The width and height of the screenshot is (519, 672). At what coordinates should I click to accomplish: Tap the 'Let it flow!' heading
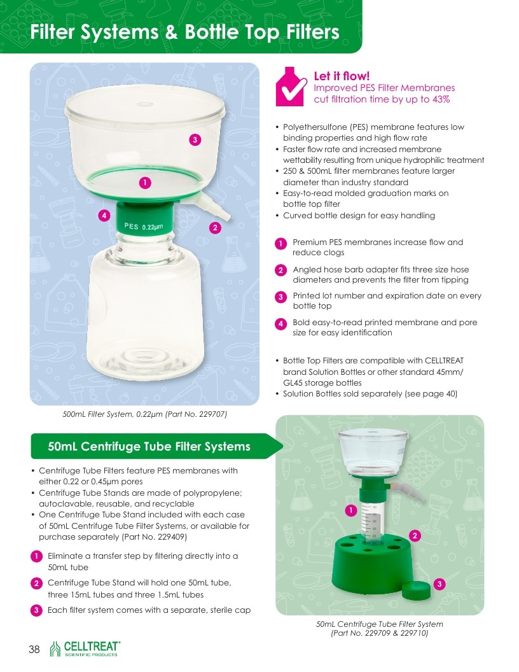(x=342, y=76)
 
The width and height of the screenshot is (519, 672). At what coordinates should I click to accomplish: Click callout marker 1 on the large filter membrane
(x=145, y=183)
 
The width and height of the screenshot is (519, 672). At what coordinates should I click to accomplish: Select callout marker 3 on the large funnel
(x=195, y=139)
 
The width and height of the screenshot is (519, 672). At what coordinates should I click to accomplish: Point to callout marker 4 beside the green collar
(x=104, y=215)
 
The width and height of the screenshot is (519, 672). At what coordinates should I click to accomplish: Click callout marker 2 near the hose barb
(x=215, y=228)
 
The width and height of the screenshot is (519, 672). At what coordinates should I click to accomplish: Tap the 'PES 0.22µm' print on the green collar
(x=144, y=227)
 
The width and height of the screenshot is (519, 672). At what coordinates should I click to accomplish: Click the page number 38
(x=34, y=649)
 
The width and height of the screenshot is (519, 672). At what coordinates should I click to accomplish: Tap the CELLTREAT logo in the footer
(x=85, y=649)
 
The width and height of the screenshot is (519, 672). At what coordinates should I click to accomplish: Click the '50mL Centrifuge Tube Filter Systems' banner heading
(x=149, y=447)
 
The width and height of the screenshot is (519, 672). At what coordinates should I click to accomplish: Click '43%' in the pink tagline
(x=441, y=99)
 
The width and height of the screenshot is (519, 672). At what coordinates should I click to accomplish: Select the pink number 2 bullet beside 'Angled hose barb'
(x=280, y=270)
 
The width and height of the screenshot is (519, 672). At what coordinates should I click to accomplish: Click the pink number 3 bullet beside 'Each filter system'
(x=36, y=610)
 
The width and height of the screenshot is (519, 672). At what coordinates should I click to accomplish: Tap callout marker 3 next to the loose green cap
(x=439, y=584)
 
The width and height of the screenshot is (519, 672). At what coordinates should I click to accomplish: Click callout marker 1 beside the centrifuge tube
(x=351, y=510)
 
